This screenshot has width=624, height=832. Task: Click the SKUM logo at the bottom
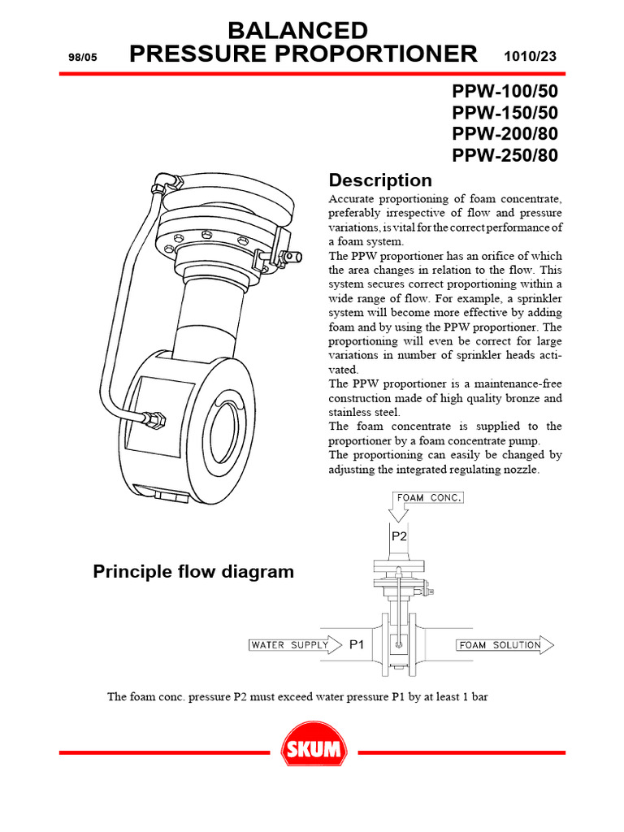click(x=313, y=751)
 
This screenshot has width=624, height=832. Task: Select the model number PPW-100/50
click(x=505, y=91)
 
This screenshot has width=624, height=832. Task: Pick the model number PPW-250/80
click(x=505, y=155)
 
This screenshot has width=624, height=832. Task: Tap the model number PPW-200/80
click(x=505, y=134)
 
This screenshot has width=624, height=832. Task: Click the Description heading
click(x=379, y=180)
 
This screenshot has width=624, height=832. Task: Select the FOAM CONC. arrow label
click(x=428, y=497)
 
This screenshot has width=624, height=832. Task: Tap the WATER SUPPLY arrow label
click(x=289, y=645)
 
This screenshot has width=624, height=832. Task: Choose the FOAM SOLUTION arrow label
click(x=500, y=645)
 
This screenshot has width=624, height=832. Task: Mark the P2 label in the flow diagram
click(x=399, y=536)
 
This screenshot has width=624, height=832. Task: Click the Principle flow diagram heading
click(x=193, y=572)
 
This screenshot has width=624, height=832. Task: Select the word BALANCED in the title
click(x=297, y=32)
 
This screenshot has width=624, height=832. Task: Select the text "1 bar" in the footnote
click(x=472, y=696)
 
